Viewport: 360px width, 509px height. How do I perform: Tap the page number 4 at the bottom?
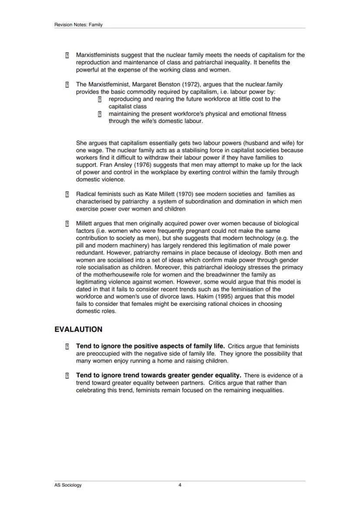(x=180, y=485)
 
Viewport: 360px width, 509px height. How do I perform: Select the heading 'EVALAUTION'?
(x=78, y=329)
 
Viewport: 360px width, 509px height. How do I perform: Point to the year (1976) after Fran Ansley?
(x=133, y=165)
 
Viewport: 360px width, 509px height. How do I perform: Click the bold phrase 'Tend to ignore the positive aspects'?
(x=150, y=346)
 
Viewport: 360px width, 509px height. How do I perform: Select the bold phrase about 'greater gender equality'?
(x=158, y=375)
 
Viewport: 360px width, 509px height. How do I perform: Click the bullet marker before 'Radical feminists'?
(x=67, y=194)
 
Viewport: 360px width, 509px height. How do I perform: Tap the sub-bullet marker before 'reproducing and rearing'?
(x=100, y=99)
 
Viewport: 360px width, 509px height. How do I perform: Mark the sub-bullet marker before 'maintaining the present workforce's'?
(x=100, y=114)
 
